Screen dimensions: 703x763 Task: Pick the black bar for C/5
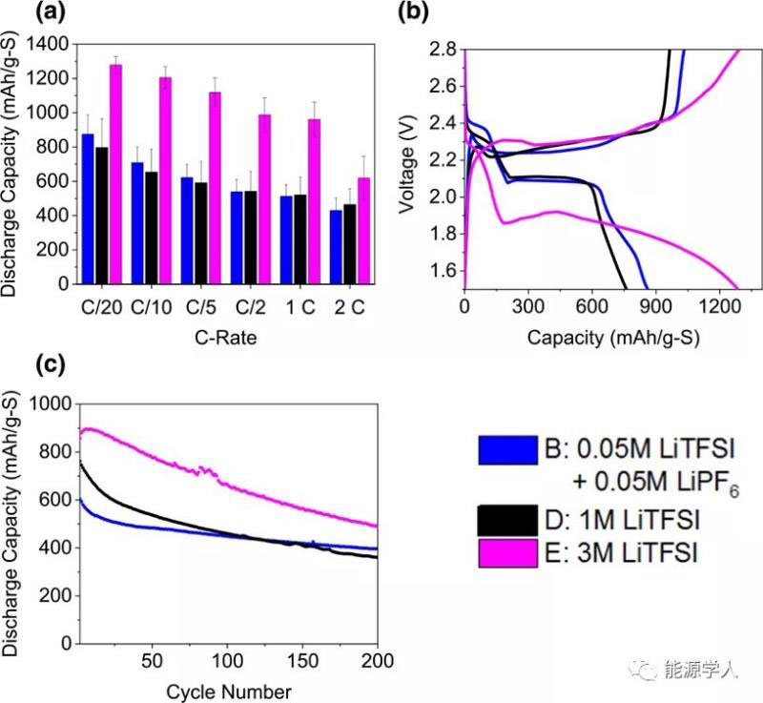click(x=201, y=233)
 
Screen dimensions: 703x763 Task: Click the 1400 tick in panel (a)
click(x=49, y=44)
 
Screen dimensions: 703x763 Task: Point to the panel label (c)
click(x=21, y=364)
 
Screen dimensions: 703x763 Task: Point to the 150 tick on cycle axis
click(x=304, y=660)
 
